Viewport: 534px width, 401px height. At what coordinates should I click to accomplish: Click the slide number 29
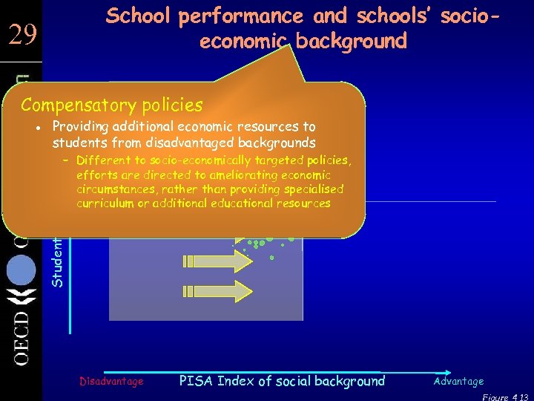[x=22, y=34]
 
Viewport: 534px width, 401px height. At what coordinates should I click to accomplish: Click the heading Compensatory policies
[x=111, y=105]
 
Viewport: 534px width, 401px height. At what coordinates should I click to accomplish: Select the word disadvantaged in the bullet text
[x=186, y=143]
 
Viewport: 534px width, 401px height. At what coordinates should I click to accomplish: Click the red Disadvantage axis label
[x=111, y=381]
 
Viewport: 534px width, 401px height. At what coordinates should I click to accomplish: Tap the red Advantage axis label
[x=458, y=381]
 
